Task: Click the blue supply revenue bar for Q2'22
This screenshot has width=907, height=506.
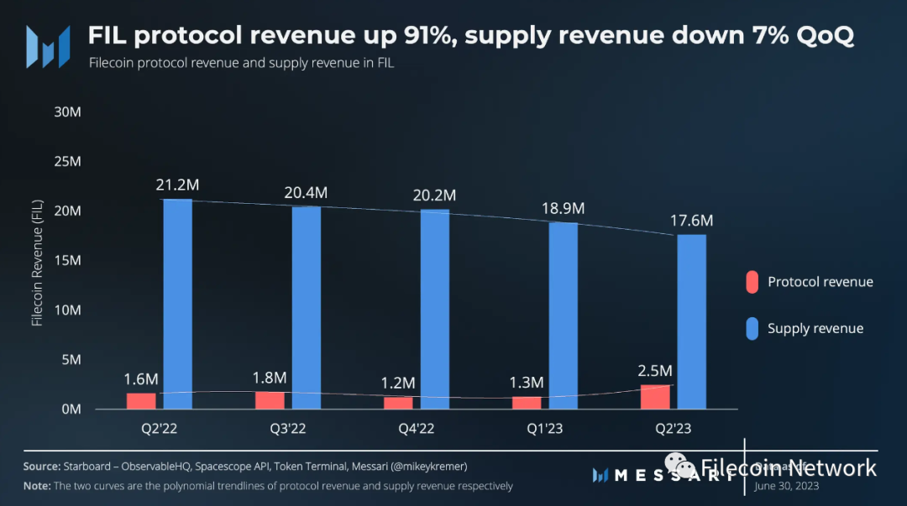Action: [x=177, y=304]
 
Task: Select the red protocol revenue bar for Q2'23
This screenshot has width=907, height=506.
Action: [x=655, y=397]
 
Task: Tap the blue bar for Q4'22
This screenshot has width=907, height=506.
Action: [x=434, y=309]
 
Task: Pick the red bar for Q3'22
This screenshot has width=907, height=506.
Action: [x=270, y=400]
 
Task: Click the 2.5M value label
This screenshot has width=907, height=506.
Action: [x=655, y=371]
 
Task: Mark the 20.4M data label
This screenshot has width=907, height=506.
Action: [x=306, y=192]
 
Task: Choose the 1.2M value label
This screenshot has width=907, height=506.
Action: [x=398, y=383]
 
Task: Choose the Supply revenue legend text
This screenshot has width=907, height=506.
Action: [x=815, y=329]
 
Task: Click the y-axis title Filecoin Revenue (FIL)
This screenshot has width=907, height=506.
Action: [x=37, y=263]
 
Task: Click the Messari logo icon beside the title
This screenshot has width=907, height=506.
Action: [x=47, y=46]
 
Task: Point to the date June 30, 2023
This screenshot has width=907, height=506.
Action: [x=786, y=485]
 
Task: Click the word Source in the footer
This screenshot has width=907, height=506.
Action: [x=40, y=466]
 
